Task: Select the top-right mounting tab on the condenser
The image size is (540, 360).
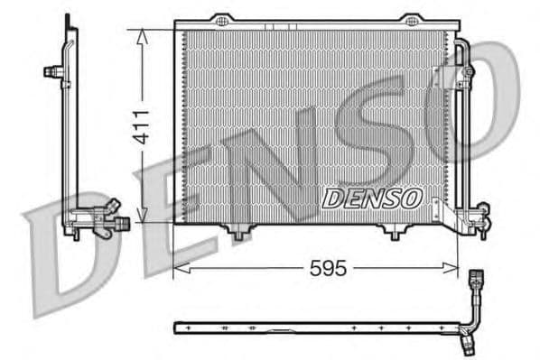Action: tap(412, 19)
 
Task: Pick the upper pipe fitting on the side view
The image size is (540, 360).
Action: tap(56, 71)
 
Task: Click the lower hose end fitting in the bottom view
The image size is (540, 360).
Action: tap(466, 343)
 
